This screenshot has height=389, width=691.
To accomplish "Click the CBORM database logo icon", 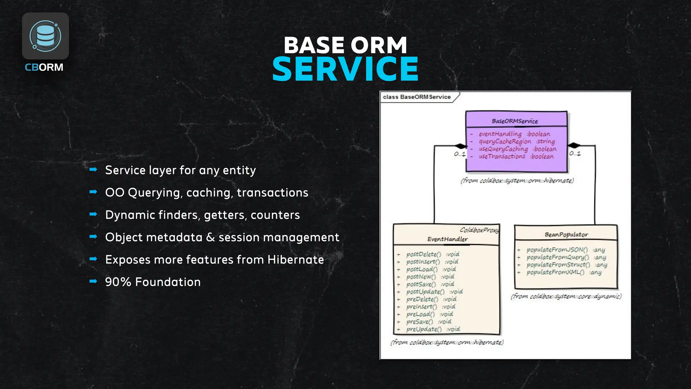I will tap(45, 36).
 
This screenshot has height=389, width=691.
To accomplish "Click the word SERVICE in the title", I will tap(345, 69).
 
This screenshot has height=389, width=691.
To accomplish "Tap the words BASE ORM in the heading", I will tap(345, 45).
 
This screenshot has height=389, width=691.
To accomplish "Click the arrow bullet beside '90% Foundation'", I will tap(93, 281).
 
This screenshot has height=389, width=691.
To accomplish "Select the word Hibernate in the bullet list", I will tap(296, 260).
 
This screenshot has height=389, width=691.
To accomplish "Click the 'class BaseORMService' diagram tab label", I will tap(417, 97).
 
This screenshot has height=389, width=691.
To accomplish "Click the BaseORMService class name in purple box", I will tap(515, 121).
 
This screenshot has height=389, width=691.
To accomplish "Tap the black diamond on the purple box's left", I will tap(460, 146).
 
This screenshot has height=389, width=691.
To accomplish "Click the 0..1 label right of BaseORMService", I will tap(575, 153).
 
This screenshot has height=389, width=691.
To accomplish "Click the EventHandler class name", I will tap(447, 239).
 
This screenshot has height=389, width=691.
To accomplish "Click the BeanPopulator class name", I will tap(566, 234).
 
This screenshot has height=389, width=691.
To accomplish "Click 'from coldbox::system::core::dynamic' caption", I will tap(566, 296).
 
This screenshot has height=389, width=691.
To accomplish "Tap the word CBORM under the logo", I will tap(44, 67).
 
